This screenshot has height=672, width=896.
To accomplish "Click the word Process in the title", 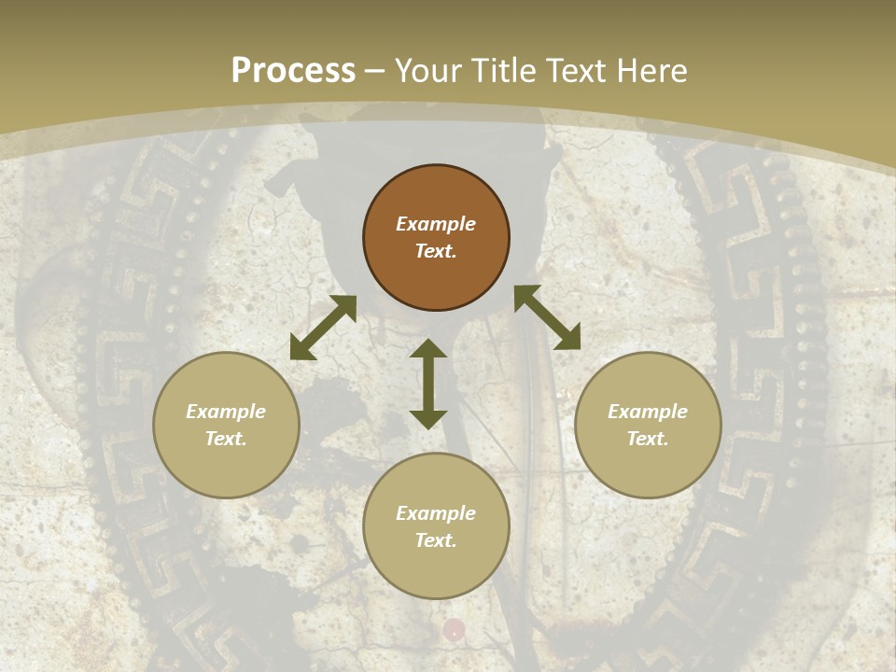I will tap(293, 71).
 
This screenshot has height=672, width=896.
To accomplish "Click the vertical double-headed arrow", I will tap(428, 384).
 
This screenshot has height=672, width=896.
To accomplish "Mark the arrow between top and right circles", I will tap(547, 317).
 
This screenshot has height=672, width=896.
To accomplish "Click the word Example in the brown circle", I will tap(436, 224).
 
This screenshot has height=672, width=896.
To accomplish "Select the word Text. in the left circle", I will tap(226, 439).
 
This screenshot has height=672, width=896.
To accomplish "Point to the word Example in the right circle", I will tap(648, 412).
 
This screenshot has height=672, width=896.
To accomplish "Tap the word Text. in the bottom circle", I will tap(436, 540).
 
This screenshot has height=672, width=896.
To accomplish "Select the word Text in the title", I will tap(573, 71).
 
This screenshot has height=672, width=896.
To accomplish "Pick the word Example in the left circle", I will tap(226, 412).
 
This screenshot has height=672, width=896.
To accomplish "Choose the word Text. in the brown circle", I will tap(436, 251).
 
